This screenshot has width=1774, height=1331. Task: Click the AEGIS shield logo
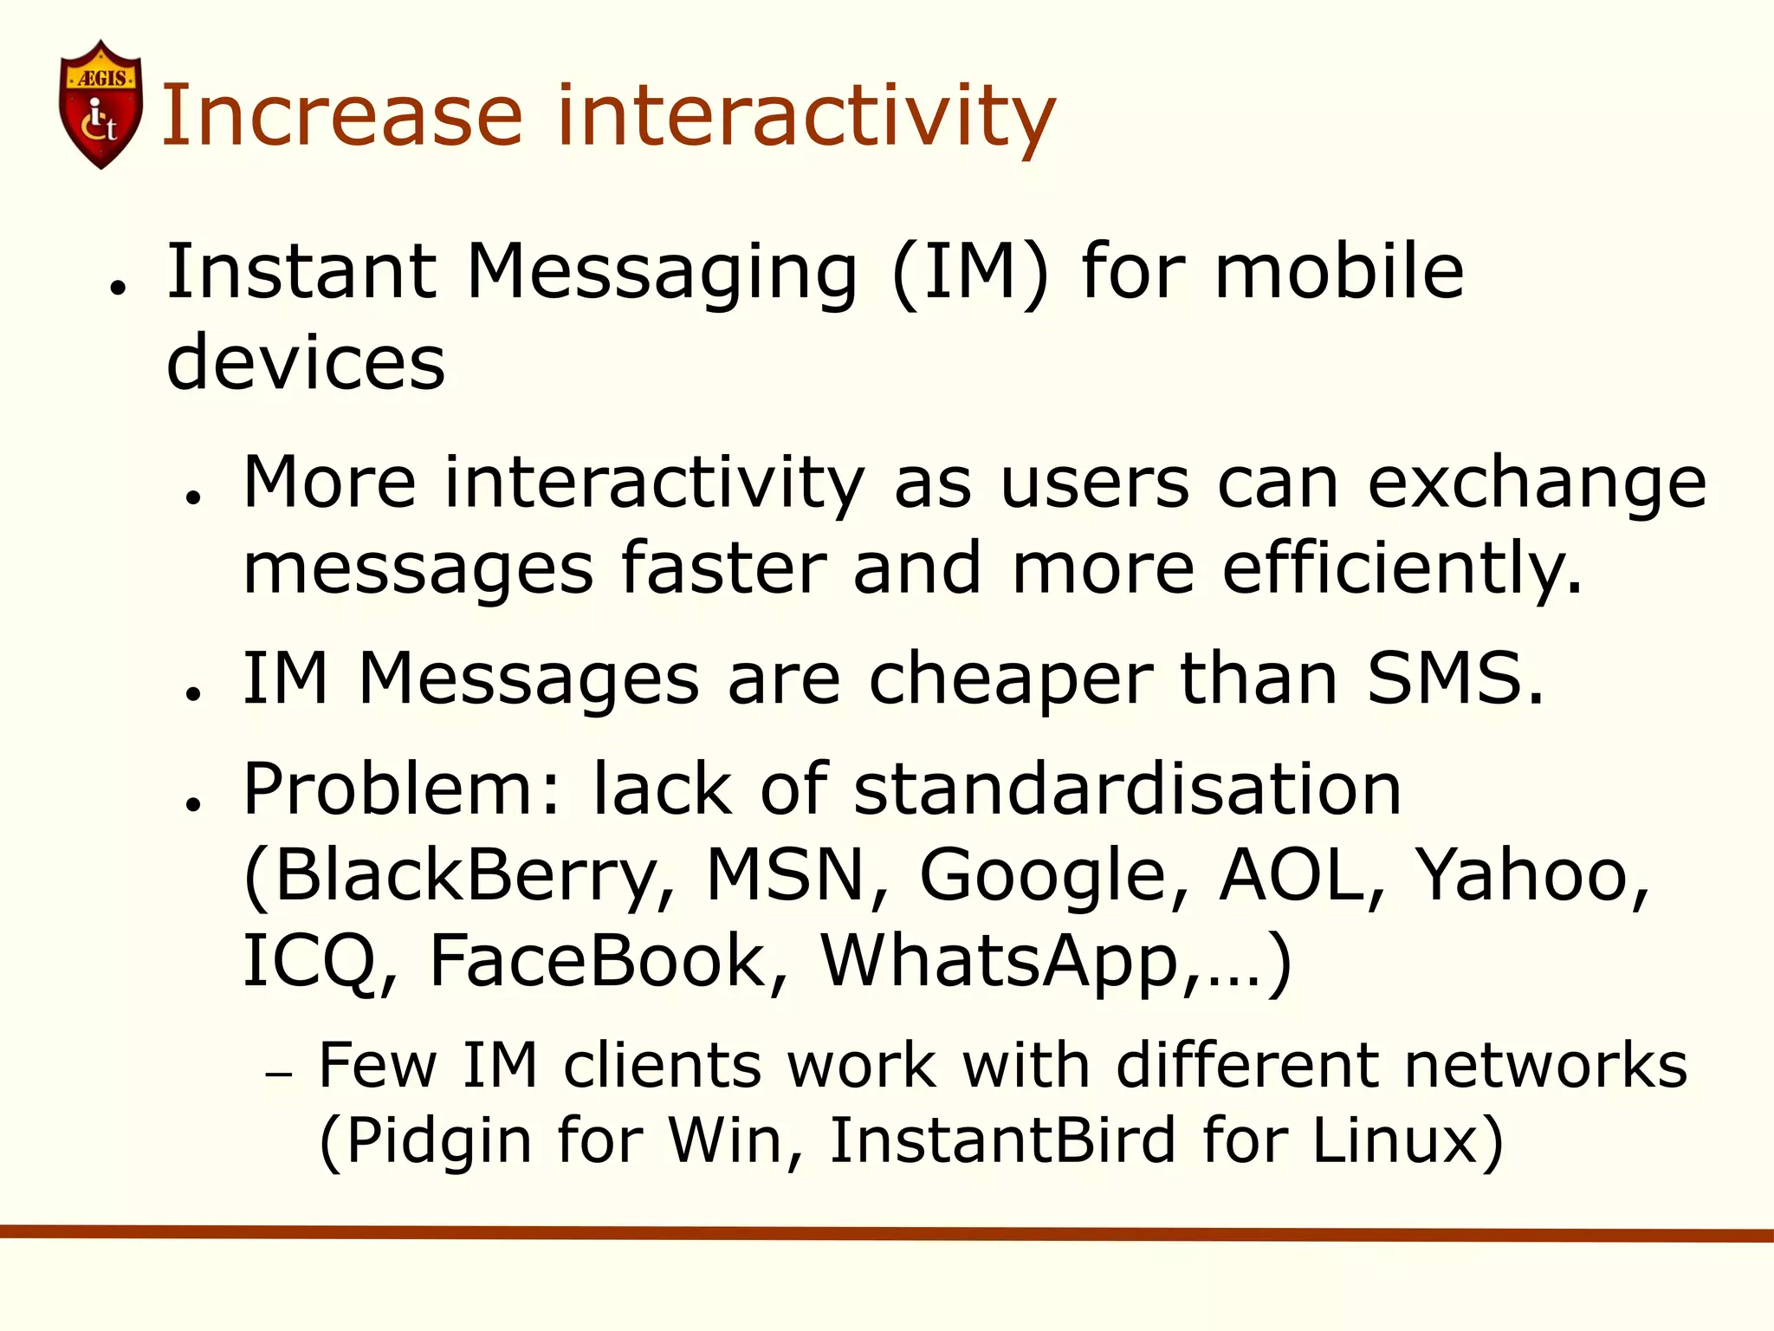click(x=100, y=105)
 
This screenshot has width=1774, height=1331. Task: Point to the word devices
click(x=306, y=362)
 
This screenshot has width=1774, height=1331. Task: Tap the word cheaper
click(x=1010, y=679)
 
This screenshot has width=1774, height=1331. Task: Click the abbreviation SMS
click(x=1454, y=678)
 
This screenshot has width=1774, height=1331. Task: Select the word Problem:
click(x=403, y=789)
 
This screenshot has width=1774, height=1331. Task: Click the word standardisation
click(x=1127, y=789)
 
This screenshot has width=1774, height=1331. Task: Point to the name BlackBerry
click(x=459, y=876)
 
